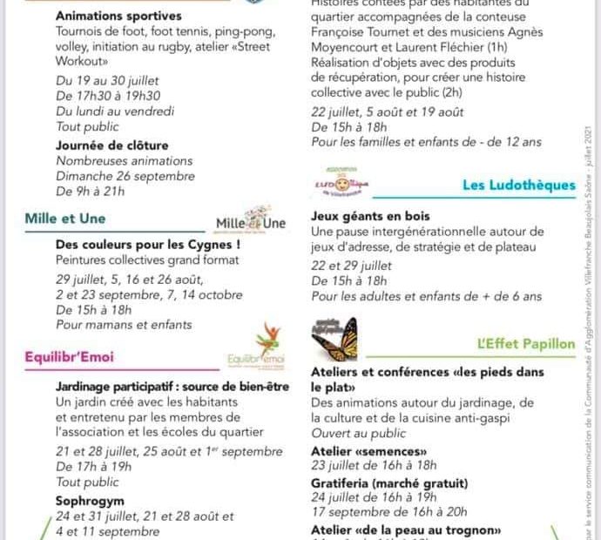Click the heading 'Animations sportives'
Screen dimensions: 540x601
[x=118, y=16]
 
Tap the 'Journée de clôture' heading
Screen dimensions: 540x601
[x=112, y=145]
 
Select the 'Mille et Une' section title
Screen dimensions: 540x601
[x=66, y=219]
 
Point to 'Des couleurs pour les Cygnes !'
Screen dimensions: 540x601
[x=148, y=245]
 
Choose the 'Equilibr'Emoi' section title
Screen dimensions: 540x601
[x=70, y=356]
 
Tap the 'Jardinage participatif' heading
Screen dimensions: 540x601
[x=172, y=386]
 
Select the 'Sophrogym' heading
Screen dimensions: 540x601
[x=90, y=502]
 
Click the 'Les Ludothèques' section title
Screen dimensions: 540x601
[x=519, y=185]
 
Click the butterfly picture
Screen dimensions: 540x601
[x=334, y=338]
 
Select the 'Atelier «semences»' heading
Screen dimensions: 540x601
[x=369, y=451]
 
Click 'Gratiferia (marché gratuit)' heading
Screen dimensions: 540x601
[x=389, y=483]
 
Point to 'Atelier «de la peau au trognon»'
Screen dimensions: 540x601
[x=406, y=530]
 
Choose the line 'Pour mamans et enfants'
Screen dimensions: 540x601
[x=124, y=325]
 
